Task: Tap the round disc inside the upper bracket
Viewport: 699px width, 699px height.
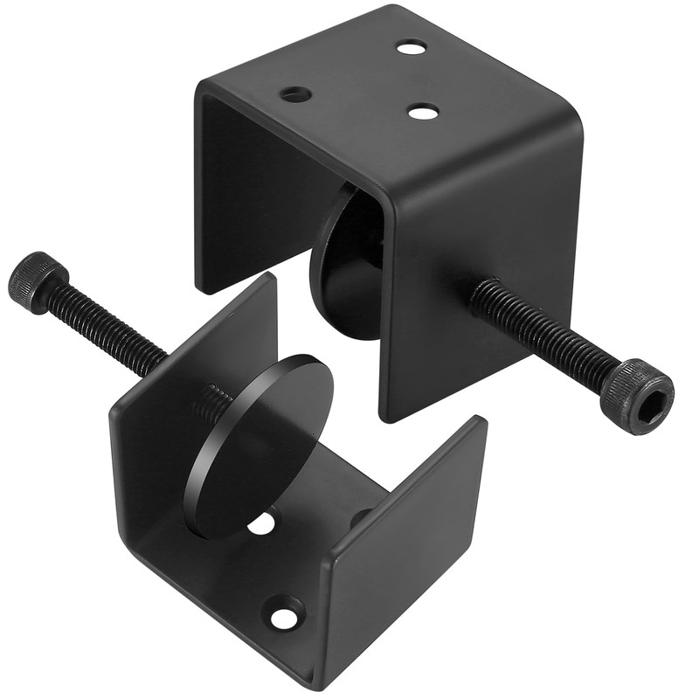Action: click(345, 262)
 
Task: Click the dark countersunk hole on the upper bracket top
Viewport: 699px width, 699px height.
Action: click(295, 94)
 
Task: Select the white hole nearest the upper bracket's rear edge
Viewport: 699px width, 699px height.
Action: click(411, 46)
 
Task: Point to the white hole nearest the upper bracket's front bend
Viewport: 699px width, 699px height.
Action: click(423, 112)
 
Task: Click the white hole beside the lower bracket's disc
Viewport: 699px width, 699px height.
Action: click(261, 524)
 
